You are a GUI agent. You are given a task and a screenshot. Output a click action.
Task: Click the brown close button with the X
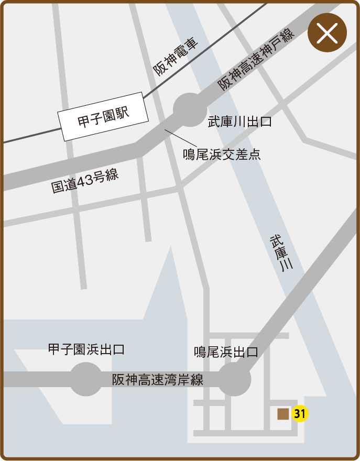[327, 33]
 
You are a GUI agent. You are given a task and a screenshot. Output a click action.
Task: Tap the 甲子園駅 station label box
[103, 117]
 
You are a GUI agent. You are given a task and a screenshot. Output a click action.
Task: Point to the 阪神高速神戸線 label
[256, 59]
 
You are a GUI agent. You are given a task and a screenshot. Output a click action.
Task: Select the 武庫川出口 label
[239, 122]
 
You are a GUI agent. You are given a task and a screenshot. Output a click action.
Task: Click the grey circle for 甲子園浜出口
[86, 379]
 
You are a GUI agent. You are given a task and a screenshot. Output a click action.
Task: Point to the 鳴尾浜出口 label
[226, 352]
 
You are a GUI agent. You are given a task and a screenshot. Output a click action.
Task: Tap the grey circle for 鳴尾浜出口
[234, 379]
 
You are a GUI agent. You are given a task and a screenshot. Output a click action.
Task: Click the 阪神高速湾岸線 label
[157, 380]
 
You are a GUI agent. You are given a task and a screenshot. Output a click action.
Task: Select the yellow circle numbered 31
[300, 414]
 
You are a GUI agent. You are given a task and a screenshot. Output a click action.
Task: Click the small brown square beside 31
[283, 414]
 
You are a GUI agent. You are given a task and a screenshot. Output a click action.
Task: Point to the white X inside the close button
[327, 33]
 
